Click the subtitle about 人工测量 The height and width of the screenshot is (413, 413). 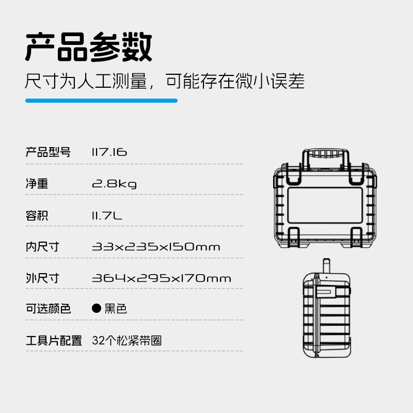point(165,81)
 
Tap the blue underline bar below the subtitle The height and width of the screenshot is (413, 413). point(101,101)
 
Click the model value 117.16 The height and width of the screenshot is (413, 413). point(109,152)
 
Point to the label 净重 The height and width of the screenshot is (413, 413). point(37,184)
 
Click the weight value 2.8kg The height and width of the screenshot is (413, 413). point(114,184)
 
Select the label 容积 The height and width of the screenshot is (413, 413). point(37,215)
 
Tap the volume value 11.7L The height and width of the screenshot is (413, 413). point(107,215)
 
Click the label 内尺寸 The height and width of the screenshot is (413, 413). point(42,247)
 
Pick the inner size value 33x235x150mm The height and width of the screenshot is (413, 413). point(156,247)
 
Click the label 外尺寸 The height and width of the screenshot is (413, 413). point(42,278)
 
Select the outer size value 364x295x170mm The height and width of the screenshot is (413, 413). point(161,278)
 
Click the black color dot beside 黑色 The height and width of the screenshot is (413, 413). point(96,309)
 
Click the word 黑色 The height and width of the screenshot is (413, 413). point(115,309)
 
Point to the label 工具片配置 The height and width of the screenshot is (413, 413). point(54,341)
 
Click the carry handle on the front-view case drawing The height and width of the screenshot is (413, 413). point(325,154)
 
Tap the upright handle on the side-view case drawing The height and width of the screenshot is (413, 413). point(326,268)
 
